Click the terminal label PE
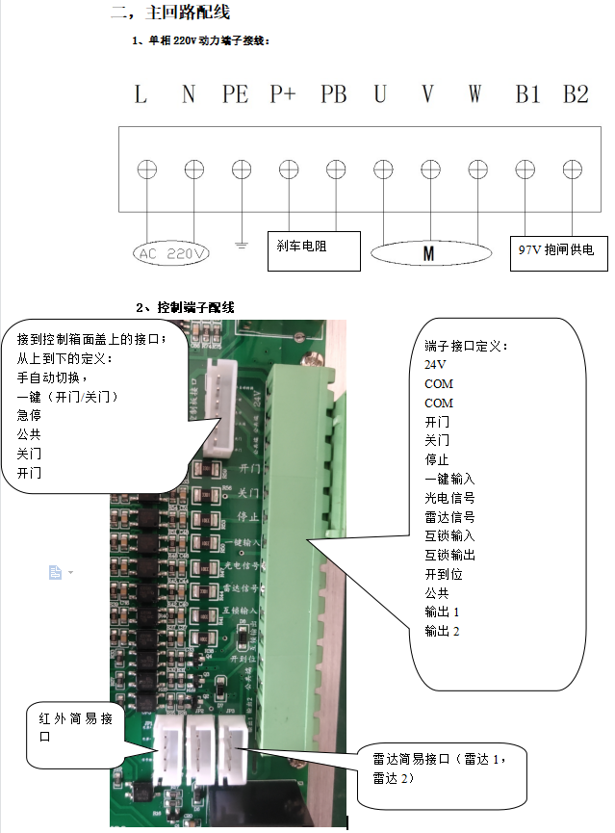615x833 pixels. coord(235,94)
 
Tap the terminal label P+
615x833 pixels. coord(283,94)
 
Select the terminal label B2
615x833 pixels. coord(576,94)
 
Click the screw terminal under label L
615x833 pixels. coord(146,169)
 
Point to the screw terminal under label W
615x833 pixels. coord(478,169)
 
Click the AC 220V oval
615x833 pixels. coord(172,254)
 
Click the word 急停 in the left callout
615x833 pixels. coord(29,416)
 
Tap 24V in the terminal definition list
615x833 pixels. coord(435,365)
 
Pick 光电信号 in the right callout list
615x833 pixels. coord(449,498)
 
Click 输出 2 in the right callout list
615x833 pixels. coord(443,631)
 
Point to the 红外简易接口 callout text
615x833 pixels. coord(76,727)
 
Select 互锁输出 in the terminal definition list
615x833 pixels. coord(449,555)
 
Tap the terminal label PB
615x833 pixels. coord(333,94)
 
